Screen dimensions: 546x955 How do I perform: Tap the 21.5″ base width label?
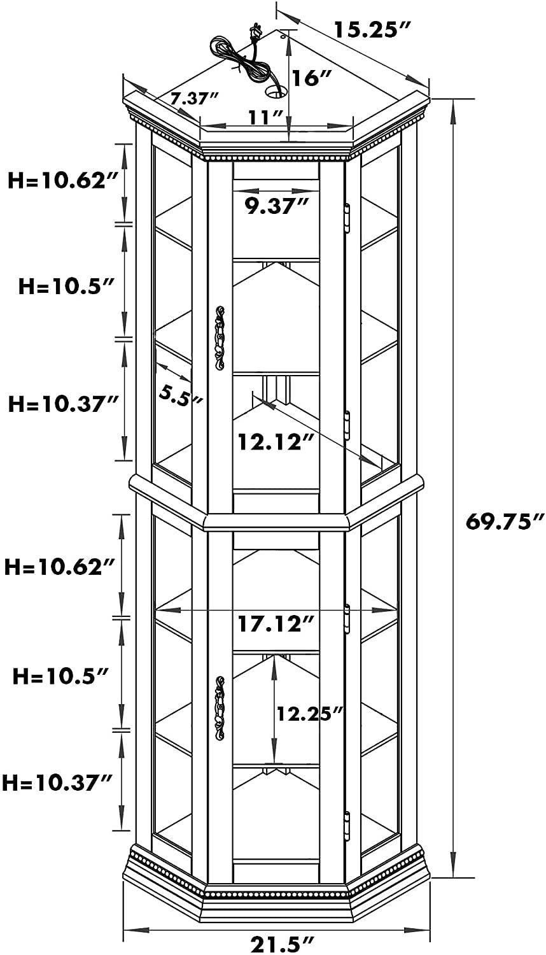point(283,943)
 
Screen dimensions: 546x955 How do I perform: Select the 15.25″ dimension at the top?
point(372,30)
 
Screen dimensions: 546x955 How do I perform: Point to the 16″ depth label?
point(312,78)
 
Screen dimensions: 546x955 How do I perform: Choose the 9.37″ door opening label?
point(276,206)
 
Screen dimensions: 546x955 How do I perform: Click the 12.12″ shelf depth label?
point(276,442)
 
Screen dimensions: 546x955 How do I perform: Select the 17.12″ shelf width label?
point(276,624)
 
